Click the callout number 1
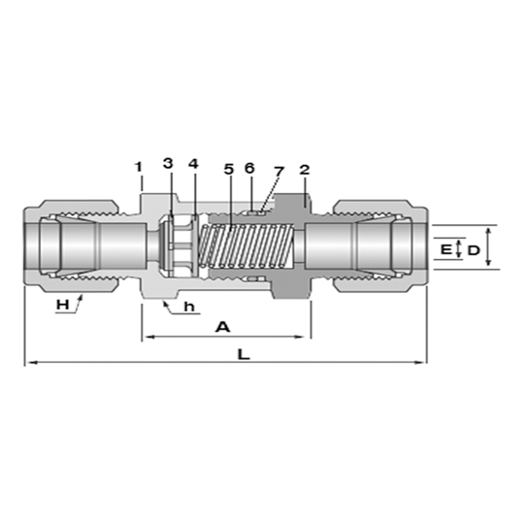[x=138, y=167]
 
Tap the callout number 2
[x=305, y=170]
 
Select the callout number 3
[x=168, y=163]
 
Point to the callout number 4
[x=193, y=163]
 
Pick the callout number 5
[x=229, y=169]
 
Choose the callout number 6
[x=249, y=168]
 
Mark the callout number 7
[x=278, y=172]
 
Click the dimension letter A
[x=223, y=327]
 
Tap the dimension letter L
[x=244, y=354]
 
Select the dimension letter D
[x=473, y=250]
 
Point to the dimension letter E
[x=445, y=249]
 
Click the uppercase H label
[x=63, y=305]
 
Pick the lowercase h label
[x=189, y=307]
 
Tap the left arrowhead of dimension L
[x=31, y=362]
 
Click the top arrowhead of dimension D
[x=488, y=231]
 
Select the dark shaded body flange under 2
[x=291, y=246]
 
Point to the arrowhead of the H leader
[x=81, y=297]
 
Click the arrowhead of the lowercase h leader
[x=165, y=303]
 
